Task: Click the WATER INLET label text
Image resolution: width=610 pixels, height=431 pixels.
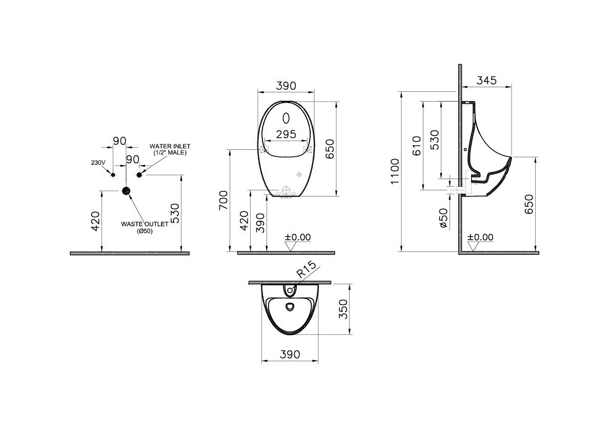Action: pyautogui.click(x=170, y=146)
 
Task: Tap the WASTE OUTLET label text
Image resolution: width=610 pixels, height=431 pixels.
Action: pyautogui.click(x=145, y=224)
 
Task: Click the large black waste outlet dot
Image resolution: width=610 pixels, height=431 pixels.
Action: pyautogui.click(x=126, y=191)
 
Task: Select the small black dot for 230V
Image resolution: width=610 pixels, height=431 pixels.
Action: pyautogui.click(x=113, y=175)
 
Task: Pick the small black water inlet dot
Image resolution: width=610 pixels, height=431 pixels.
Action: pyautogui.click(x=139, y=175)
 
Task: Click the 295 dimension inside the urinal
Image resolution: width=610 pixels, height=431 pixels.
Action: pyautogui.click(x=286, y=134)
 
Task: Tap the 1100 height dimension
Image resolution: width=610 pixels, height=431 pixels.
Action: pyautogui.click(x=395, y=171)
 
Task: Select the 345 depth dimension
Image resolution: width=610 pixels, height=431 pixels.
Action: pyautogui.click(x=486, y=80)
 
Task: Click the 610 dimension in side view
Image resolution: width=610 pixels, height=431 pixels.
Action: pyautogui.click(x=417, y=146)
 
